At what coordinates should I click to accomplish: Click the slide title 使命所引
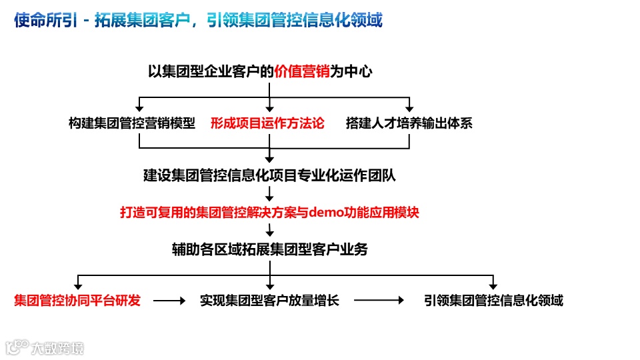tap(43, 21)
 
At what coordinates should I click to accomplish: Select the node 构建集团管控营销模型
tap(132, 123)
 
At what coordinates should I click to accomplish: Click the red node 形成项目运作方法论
tap(267, 123)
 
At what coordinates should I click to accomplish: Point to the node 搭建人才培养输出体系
tap(409, 123)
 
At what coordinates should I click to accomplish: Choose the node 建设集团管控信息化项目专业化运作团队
tap(269, 176)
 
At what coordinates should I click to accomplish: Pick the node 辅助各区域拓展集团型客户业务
tap(269, 249)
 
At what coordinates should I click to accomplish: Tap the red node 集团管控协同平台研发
tap(77, 301)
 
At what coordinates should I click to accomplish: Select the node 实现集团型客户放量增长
tap(269, 301)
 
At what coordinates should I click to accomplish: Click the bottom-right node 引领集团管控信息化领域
tap(493, 301)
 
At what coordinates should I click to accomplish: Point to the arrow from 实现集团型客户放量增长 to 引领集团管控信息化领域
tap(379, 301)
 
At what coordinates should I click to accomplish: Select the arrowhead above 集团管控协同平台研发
tap(78, 285)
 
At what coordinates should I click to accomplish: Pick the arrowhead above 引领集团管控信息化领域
tap(493, 285)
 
